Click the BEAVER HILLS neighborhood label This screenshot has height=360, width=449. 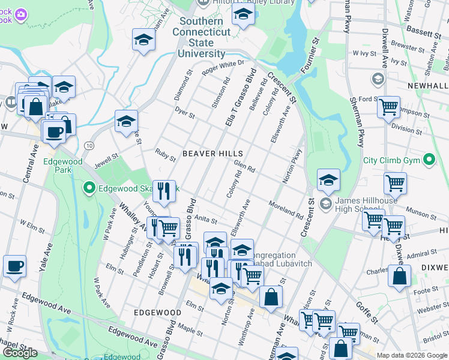click(207, 154)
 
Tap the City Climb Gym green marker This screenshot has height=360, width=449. click(429, 160)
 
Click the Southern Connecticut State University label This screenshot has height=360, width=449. click(201, 37)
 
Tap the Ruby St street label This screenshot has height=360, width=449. click(165, 155)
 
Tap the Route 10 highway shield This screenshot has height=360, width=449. click(89, 146)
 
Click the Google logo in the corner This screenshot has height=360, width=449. click(20, 353)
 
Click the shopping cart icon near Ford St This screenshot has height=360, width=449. click(388, 107)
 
